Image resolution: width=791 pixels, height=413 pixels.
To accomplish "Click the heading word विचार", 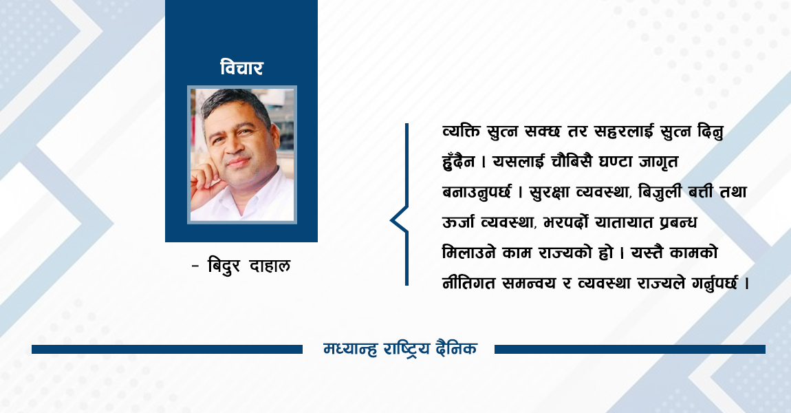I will pyautogui.click(x=241, y=68).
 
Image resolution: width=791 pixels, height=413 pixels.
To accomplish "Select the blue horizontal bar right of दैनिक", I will pyautogui.click(x=629, y=349).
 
